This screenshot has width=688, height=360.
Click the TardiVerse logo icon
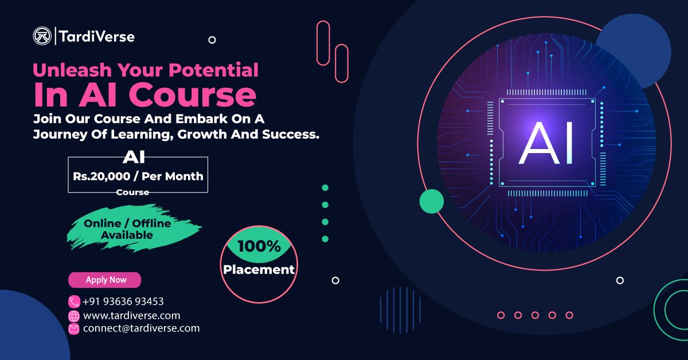[42, 37]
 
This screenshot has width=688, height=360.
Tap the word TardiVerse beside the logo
[96, 37]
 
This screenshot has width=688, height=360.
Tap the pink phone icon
[74, 302]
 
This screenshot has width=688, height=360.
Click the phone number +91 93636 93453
[123, 302]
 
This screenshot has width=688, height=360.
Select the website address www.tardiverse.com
[132, 315]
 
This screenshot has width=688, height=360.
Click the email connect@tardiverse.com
[142, 328]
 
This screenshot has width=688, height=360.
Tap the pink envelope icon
[74, 329]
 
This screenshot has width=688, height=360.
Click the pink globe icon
[74, 316]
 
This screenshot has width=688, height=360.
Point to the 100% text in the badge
[259, 247]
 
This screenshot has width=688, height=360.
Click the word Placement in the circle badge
[259, 269]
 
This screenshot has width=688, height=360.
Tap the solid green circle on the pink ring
[432, 201]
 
